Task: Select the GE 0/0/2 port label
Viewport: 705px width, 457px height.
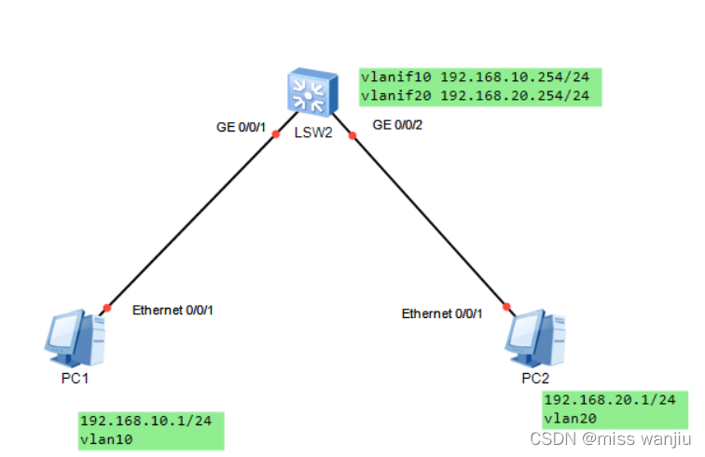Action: click(398, 124)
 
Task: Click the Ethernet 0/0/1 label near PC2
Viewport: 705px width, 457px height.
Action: click(442, 313)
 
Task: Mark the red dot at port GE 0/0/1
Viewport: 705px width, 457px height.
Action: click(276, 134)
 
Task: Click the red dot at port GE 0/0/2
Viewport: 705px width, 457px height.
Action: click(352, 136)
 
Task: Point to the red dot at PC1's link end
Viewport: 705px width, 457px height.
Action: click(107, 308)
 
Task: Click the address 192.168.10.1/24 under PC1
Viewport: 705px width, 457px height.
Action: click(145, 421)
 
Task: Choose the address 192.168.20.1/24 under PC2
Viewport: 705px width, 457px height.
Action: click(609, 400)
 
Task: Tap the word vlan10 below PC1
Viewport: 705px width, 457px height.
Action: click(106, 437)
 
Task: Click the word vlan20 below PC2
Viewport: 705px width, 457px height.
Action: click(570, 418)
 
